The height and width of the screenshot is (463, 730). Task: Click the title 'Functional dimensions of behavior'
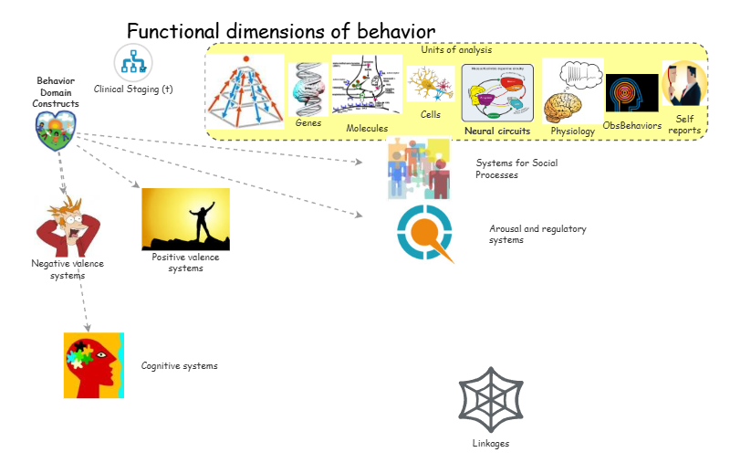[x=280, y=31]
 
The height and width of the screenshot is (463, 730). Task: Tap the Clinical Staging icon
[x=132, y=63]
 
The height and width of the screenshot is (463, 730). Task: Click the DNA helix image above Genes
[x=308, y=90]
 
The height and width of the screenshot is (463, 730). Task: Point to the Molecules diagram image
[x=367, y=89]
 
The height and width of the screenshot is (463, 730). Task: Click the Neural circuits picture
[x=497, y=93]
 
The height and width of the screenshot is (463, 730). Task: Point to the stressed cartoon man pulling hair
[x=69, y=225]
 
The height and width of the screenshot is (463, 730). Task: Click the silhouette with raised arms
[x=185, y=219]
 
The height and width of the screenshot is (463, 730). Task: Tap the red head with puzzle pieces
[x=93, y=365]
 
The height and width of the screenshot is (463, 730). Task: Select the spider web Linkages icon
[x=491, y=398]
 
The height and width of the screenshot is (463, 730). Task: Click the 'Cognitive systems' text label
[x=179, y=366]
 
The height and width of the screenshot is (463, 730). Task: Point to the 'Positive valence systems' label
[x=185, y=263]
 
